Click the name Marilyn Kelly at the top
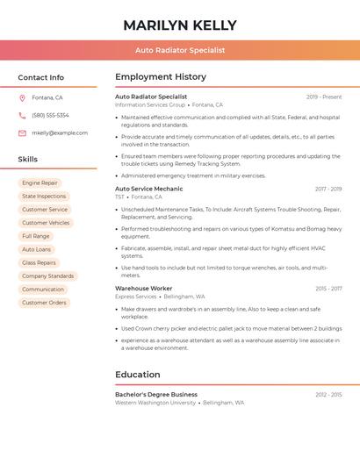coord(180,25)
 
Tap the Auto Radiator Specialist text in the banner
coord(180,50)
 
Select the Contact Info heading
coord(41,77)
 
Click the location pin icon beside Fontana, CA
coord(22,97)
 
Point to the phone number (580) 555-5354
coord(50,115)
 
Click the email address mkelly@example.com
coord(60,132)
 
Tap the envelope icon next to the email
coord(22,132)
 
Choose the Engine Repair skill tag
coord(40,183)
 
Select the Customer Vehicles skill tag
coord(46,223)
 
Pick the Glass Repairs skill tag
coord(39,262)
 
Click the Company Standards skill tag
coord(47,276)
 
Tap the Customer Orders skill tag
coord(44,303)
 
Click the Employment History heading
coord(161,77)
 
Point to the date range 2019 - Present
coord(324,97)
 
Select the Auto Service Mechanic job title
coord(149,189)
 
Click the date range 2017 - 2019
coord(328,189)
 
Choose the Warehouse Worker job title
coord(143,288)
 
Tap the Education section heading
coord(137,375)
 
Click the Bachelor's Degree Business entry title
coord(156,395)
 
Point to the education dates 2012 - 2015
coord(328,395)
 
